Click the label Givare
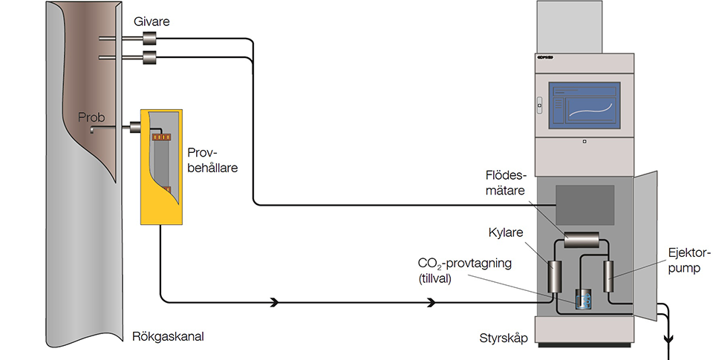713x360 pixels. click(x=151, y=22)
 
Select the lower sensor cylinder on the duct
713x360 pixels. click(x=154, y=57)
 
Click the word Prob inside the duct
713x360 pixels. click(x=91, y=117)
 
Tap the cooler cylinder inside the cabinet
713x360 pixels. click(x=555, y=276)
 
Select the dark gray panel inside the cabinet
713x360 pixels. click(x=585, y=204)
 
